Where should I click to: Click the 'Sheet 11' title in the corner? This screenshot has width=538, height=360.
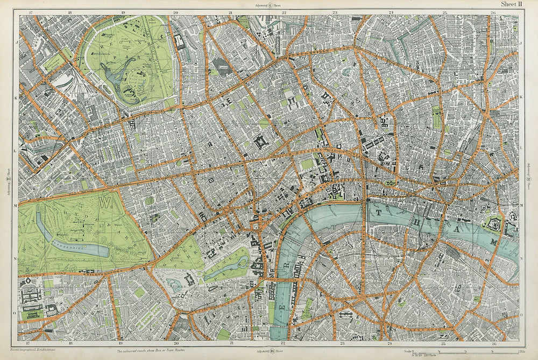click(512, 4)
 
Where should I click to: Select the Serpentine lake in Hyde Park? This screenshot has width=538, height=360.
click(81, 249)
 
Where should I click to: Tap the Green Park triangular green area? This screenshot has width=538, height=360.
click(186, 253)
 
